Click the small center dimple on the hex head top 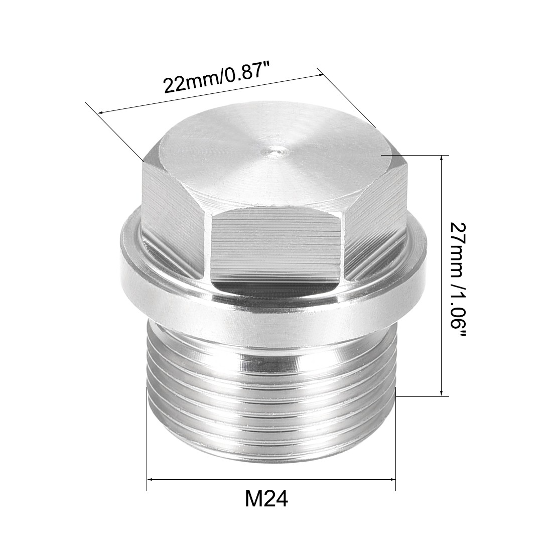tap(274, 149)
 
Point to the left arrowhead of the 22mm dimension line tap(101, 112)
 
